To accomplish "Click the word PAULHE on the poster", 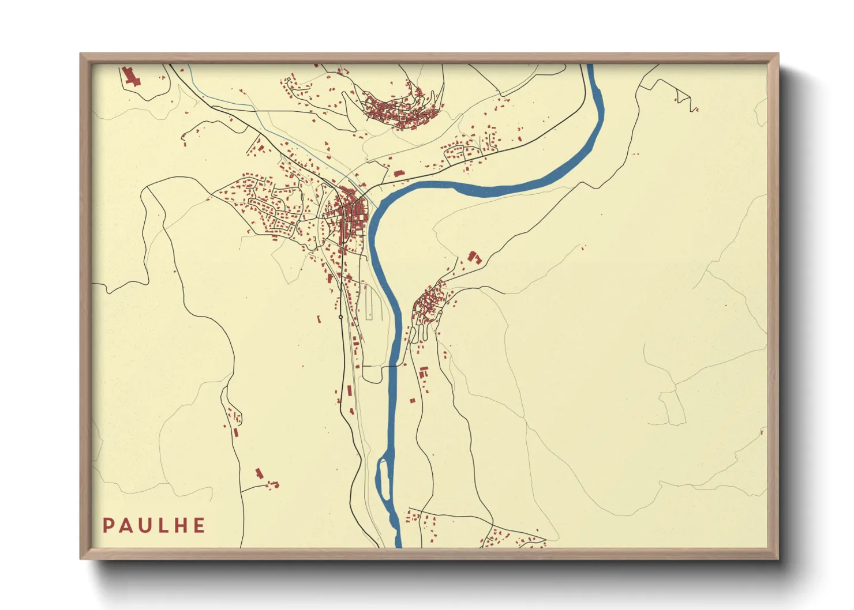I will pyautogui.click(x=154, y=525).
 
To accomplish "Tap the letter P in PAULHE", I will pyautogui.click(x=108, y=525).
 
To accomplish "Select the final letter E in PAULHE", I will pyautogui.click(x=199, y=525).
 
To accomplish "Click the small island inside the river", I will pyautogui.click(x=383, y=479).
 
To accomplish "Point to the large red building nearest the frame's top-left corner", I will pyautogui.click(x=131, y=77).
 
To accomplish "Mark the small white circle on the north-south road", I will pyautogui.click(x=340, y=317).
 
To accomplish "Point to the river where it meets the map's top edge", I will pyautogui.click(x=590, y=66).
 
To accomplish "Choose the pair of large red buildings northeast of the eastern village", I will pyautogui.click(x=474, y=257).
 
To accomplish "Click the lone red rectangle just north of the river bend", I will pyautogui.click(x=398, y=172).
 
